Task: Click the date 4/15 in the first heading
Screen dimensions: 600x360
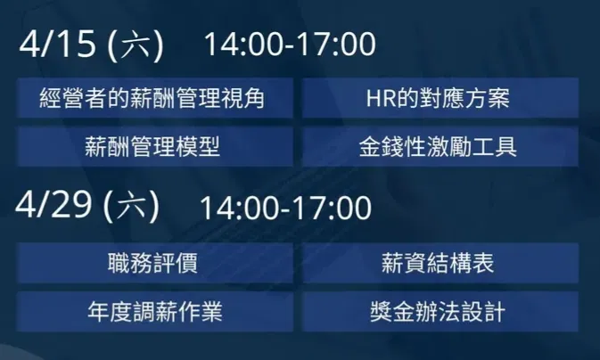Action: (x=57, y=44)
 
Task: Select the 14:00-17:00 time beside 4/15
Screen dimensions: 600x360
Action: (x=290, y=44)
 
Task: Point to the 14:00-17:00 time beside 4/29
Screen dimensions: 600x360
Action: (x=286, y=208)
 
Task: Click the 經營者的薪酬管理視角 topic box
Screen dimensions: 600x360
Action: (x=155, y=97)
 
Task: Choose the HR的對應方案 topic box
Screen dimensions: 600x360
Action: (x=440, y=97)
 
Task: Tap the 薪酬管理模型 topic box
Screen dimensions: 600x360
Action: (x=155, y=146)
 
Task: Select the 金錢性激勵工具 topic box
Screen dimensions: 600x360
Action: (x=440, y=146)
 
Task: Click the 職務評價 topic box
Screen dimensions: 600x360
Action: (x=155, y=263)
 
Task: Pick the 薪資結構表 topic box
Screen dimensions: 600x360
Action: (x=440, y=263)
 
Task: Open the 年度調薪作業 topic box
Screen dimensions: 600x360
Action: (x=155, y=311)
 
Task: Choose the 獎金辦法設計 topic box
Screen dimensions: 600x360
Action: (x=440, y=311)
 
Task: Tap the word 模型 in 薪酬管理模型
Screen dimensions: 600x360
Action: (x=198, y=147)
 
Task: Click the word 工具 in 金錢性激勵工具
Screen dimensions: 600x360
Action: (x=495, y=147)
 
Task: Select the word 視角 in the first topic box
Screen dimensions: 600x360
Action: (x=242, y=98)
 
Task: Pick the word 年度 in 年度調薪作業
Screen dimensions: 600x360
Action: (x=110, y=312)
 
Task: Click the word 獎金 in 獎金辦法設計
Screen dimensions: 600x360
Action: (x=392, y=312)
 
